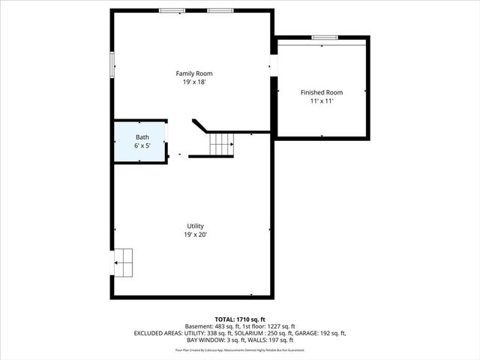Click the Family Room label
click(x=194, y=73)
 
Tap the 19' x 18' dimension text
click(x=194, y=82)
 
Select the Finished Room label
click(x=321, y=92)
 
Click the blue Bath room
click(x=140, y=141)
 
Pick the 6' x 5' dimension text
click(x=142, y=145)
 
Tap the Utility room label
click(x=195, y=226)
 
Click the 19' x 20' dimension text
click(x=195, y=234)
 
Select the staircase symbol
click(x=221, y=143)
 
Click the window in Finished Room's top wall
click(x=325, y=37)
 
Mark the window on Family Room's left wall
click(x=112, y=64)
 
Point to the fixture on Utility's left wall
click(x=123, y=262)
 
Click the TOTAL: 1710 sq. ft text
click(x=240, y=319)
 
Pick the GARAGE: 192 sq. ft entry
click(x=324, y=333)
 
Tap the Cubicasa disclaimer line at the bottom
click(x=240, y=349)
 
